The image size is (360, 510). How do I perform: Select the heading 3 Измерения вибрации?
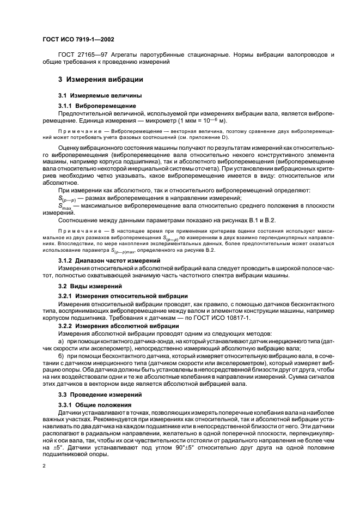96,79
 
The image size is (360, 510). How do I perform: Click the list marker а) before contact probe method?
61,339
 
